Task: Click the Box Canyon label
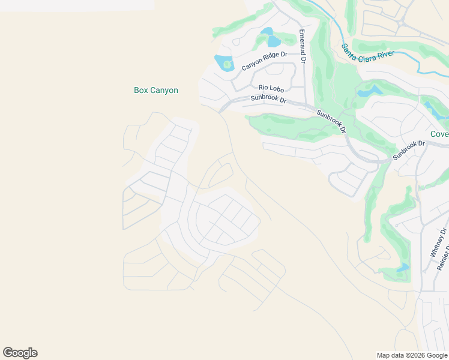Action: pyautogui.click(x=155, y=91)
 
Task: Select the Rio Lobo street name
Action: pyautogui.click(x=271, y=89)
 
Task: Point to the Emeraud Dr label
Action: pyautogui.click(x=302, y=47)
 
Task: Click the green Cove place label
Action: pyautogui.click(x=439, y=134)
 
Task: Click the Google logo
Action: pyautogui.click(x=20, y=353)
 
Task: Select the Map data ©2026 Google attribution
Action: pyautogui.click(x=412, y=355)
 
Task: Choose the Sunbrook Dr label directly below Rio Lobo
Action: pyautogui.click(x=268, y=98)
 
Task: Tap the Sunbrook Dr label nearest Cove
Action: pyautogui.click(x=409, y=150)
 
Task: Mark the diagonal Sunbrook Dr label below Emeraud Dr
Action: pyautogui.click(x=331, y=121)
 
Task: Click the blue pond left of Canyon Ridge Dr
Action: pyautogui.click(x=224, y=63)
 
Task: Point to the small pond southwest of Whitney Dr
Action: pyautogui.click(x=403, y=268)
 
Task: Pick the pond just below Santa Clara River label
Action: pyautogui.click(x=369, y=91)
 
